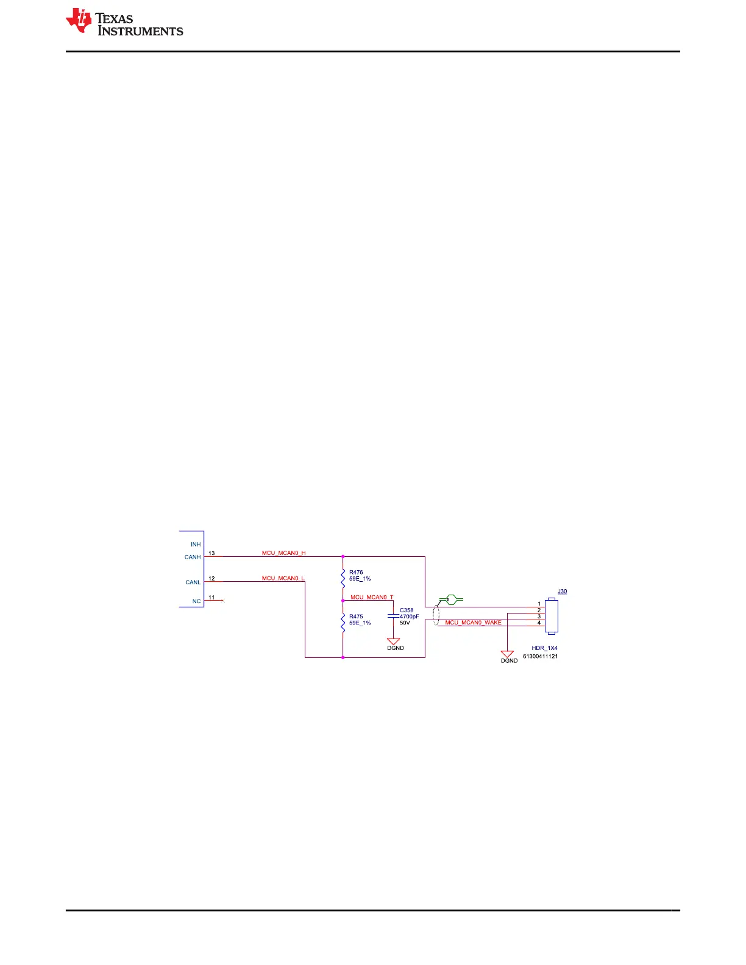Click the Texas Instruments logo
pos(124,23)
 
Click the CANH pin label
pos(193,557)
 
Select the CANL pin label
pos(193,582)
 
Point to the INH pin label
pos(196,544)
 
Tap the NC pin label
pos(196,601)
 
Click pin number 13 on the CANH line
pos(211,553)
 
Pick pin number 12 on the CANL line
pos(211,578)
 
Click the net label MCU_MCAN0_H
pos(283,553)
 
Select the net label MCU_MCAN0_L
pos(283,578)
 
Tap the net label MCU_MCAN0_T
pos(372,597)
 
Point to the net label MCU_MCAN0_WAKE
pos(473,623)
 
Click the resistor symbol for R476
pos(343,577)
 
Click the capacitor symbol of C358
pos(394,616)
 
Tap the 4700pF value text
pos(410,617)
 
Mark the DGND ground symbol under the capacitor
pos(394,642)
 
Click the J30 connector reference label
pos(563,592)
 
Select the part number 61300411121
pos(540,656)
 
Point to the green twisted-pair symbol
pos(451,599)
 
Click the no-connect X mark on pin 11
pos(224,601)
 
